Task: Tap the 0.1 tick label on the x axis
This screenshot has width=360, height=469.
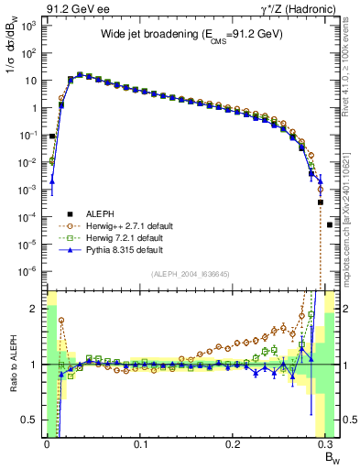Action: (140, 442)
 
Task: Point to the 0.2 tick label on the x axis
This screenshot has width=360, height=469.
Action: (235, 442)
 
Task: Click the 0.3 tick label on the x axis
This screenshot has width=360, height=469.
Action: (328, 442)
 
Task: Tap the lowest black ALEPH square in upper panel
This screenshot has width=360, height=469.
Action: (330, 224)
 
